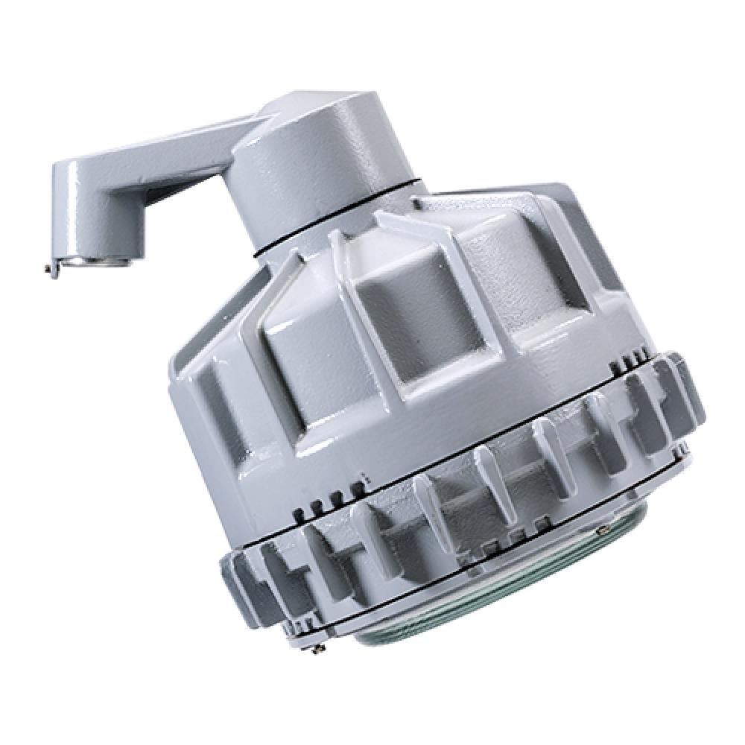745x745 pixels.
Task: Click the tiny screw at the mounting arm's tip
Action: (49, 268)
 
